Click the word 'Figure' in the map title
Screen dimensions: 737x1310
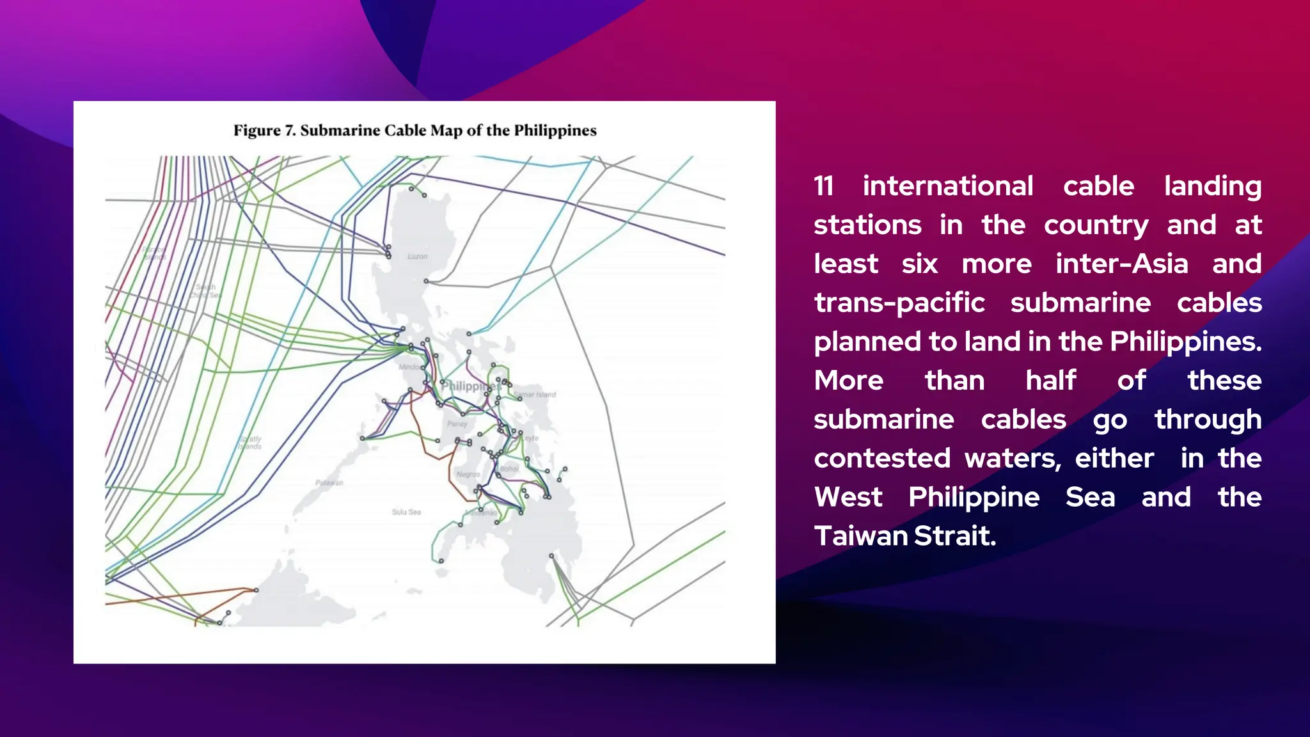(x=257, y=131)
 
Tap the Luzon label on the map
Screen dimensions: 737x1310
(x=417, y=257)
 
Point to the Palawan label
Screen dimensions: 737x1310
(x=329, y=483)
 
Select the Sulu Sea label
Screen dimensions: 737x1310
(x=406, y=512)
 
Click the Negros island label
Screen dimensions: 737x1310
(x=468, y=474)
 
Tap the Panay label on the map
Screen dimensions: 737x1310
(x=457, y=424)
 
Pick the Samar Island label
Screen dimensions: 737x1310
(x=535, y=395)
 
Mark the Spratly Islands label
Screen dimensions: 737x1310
(x=249, y=443)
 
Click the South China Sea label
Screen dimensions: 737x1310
(x=205, y=291)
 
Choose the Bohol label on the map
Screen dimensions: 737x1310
(x=509, y=469)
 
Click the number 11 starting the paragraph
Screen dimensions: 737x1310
(x=824, y=186)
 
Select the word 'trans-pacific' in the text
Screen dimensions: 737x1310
(x=899, y=303)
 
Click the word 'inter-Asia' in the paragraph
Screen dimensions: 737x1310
(x=1121, y=264)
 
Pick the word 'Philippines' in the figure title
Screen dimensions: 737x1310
(x=555, y=131)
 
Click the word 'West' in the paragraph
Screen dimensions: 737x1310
(x=848, y=497)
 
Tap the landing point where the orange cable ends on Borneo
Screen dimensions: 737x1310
(x=256, y=590)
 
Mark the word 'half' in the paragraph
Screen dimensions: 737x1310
(x=1051, y=381)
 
